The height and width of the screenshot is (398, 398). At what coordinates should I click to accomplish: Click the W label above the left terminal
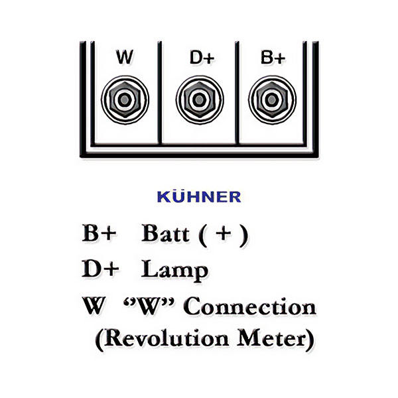(124, 58)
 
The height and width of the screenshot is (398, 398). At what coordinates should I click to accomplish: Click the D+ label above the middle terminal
(201, 58)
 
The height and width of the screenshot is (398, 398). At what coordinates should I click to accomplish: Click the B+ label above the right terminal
(273, 58)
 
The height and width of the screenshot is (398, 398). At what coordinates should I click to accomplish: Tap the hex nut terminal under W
(123, 100)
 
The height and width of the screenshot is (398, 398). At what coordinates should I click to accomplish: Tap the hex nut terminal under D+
(197, 100)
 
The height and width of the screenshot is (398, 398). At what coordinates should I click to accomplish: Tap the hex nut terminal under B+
(271, 100)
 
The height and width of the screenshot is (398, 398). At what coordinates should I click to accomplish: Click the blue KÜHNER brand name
(199, 197)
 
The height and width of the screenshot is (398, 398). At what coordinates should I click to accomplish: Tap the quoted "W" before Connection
(151, 307)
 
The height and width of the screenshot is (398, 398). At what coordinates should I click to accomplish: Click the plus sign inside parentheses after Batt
(226, 234)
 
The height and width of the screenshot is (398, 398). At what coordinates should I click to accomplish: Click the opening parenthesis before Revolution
(99, 340)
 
